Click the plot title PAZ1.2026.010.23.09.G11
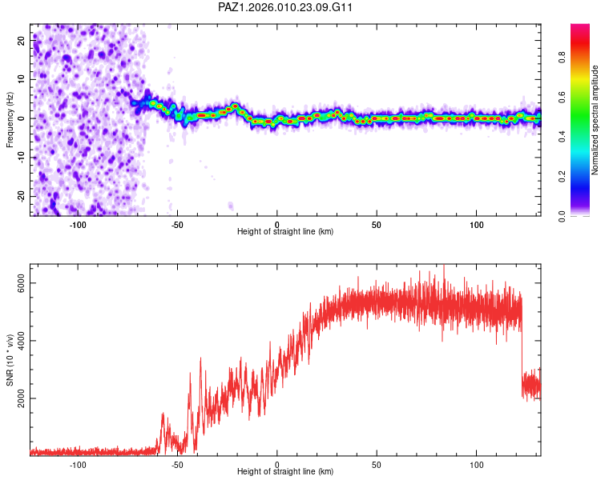click(x=285, y=7)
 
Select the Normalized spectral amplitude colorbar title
click(x=595, y=120)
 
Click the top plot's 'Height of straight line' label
click(x=285, y=231)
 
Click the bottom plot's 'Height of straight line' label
click(x=285, y=472)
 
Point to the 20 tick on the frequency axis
click(x=21, y=39)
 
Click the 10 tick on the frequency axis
click(x=21, y=78)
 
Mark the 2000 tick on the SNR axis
click(x=22, y=398)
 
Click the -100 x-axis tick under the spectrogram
click(x=78, y=223)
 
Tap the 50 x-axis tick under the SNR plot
click(x=377, y=464)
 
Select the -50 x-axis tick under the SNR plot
click(x=177, y=464)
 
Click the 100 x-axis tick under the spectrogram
click(x=476, y=223)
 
